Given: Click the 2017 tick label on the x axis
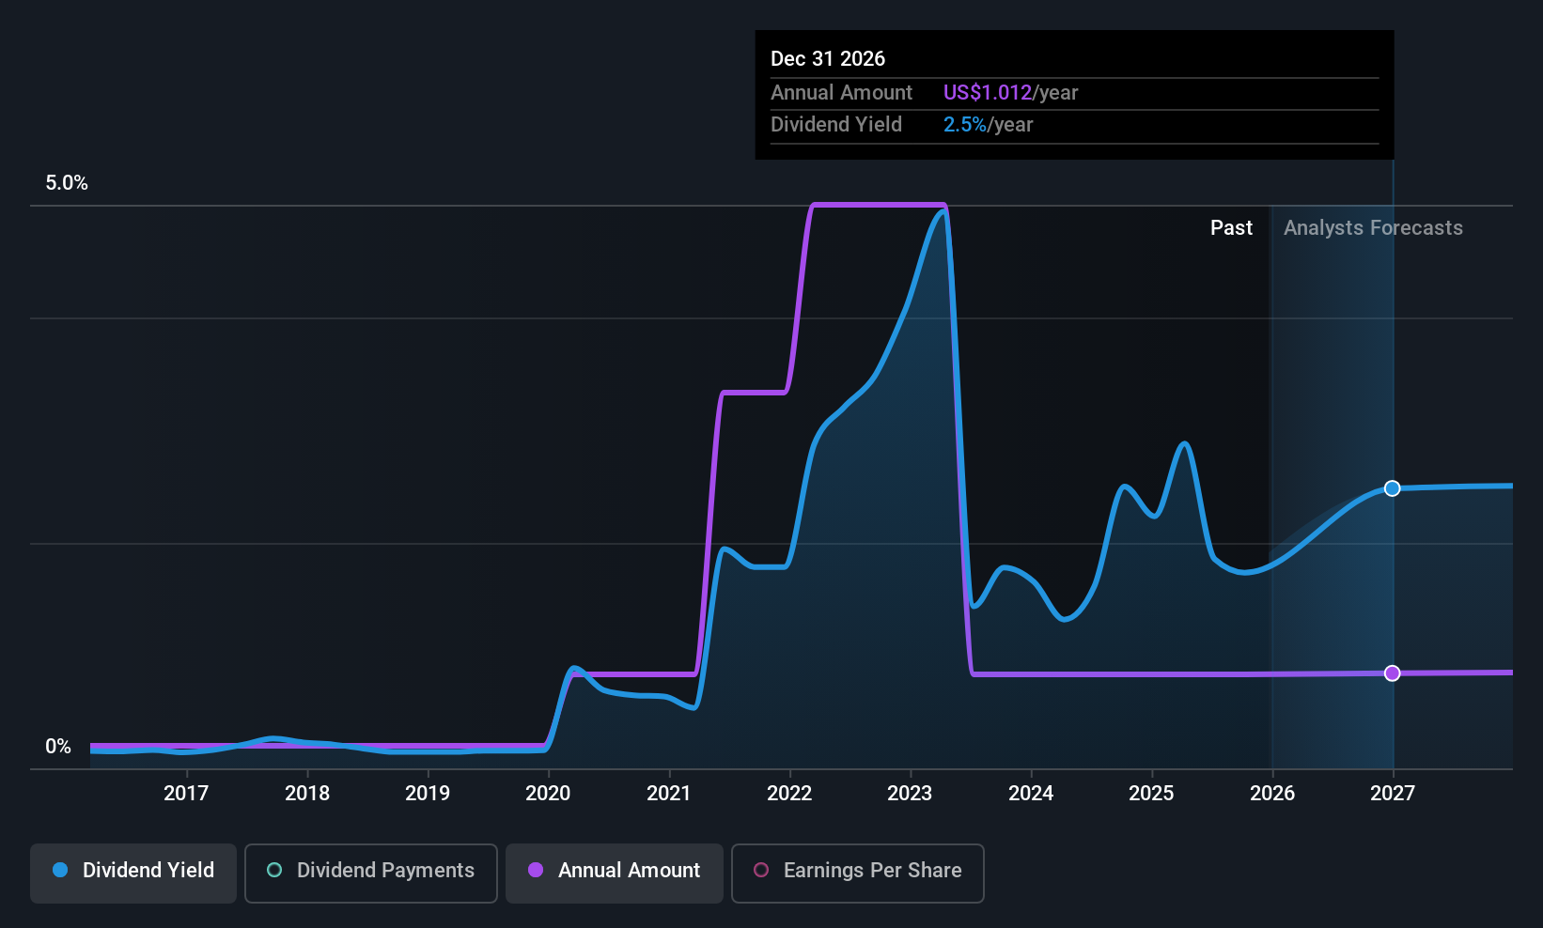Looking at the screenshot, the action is click(186, 793).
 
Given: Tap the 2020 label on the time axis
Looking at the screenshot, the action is click(548, 793).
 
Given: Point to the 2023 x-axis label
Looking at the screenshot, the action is click(910, 793).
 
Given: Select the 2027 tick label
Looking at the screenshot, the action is click(1393, 793).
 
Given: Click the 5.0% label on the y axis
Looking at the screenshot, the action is click(67, 182).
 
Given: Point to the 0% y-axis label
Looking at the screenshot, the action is click(58, 747).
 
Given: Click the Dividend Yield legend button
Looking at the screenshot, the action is click(132, 873).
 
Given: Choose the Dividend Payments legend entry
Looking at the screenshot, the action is click(370, 873).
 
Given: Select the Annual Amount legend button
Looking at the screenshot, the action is click(615, 873).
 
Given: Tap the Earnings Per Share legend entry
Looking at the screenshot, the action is click(858, 873).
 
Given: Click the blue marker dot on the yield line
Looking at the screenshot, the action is click(1392, 488).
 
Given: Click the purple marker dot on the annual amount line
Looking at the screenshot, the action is click(1392, 673).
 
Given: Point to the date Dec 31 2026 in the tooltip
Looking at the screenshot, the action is click(827, 58).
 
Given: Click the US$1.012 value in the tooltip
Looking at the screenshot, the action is click(987, 92).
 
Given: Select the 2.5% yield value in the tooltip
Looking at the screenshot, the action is click(964, 125).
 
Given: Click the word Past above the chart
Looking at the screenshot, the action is click(1231, 227).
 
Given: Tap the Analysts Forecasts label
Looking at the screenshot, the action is click(1373, 228).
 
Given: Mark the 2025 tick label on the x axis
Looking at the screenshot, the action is click(1151, 793).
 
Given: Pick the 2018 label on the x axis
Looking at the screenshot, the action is click(307, 793).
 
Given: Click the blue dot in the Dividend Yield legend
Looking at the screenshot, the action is click(61, 870).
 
